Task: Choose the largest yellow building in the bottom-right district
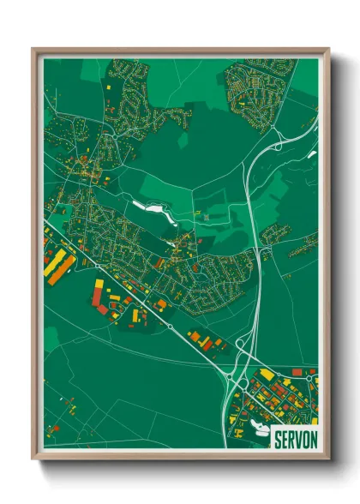pyautogui.click(x=267, y=375)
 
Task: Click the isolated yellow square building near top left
pyautogui.click(x=109, y=88)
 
